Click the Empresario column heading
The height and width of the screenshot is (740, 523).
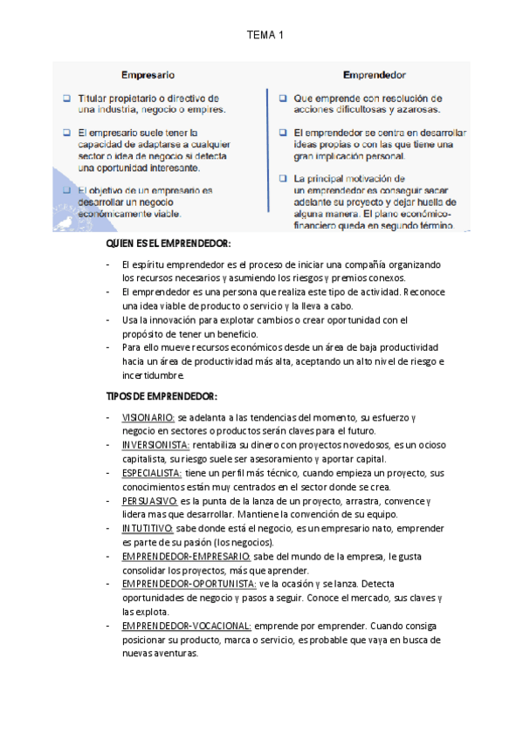pyautogui.click(x=148, y=75)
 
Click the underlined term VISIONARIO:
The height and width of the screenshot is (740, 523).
pyautogui.click(x=148, y=418)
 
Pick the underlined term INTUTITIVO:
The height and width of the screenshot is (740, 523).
pyautogui.click(x=148, y=528)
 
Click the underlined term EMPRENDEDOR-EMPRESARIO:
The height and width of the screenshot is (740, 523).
pyautogui.click(x=186, y=556)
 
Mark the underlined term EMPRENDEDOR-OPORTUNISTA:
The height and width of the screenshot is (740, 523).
pyautogui.click(x=189, y=583)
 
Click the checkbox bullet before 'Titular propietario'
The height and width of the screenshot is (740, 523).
pyautogui.click(x=67, y=99)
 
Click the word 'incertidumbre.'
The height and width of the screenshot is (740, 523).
pyautogui.click(x=153, y=375)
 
